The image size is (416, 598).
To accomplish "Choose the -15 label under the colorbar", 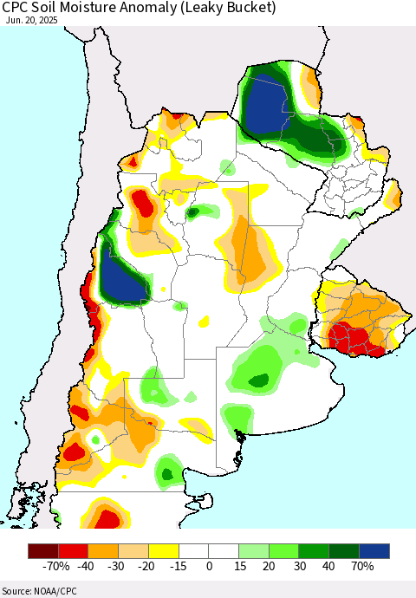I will pyautogui.click(x=179, y=567).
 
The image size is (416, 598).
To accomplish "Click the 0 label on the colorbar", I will pyautogui.click(x=209, y=567).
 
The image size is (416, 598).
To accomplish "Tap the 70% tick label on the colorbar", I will pyautogui.click(x=361, y=567).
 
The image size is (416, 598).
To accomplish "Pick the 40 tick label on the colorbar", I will pyautogui.click(x=329, y=567).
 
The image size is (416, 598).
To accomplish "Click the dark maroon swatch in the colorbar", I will pyautogui.click(x=42, y=550).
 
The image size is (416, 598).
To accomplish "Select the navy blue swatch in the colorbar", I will pyautogui.click(x=374, y=550).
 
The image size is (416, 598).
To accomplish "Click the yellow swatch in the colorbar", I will pyautogui.click(x=164, y=550).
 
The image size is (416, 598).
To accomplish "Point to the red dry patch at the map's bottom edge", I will pyautogui.click(x=108, y=519).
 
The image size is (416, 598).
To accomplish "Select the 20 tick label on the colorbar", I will pyautogui.click(x=269, y=567).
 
